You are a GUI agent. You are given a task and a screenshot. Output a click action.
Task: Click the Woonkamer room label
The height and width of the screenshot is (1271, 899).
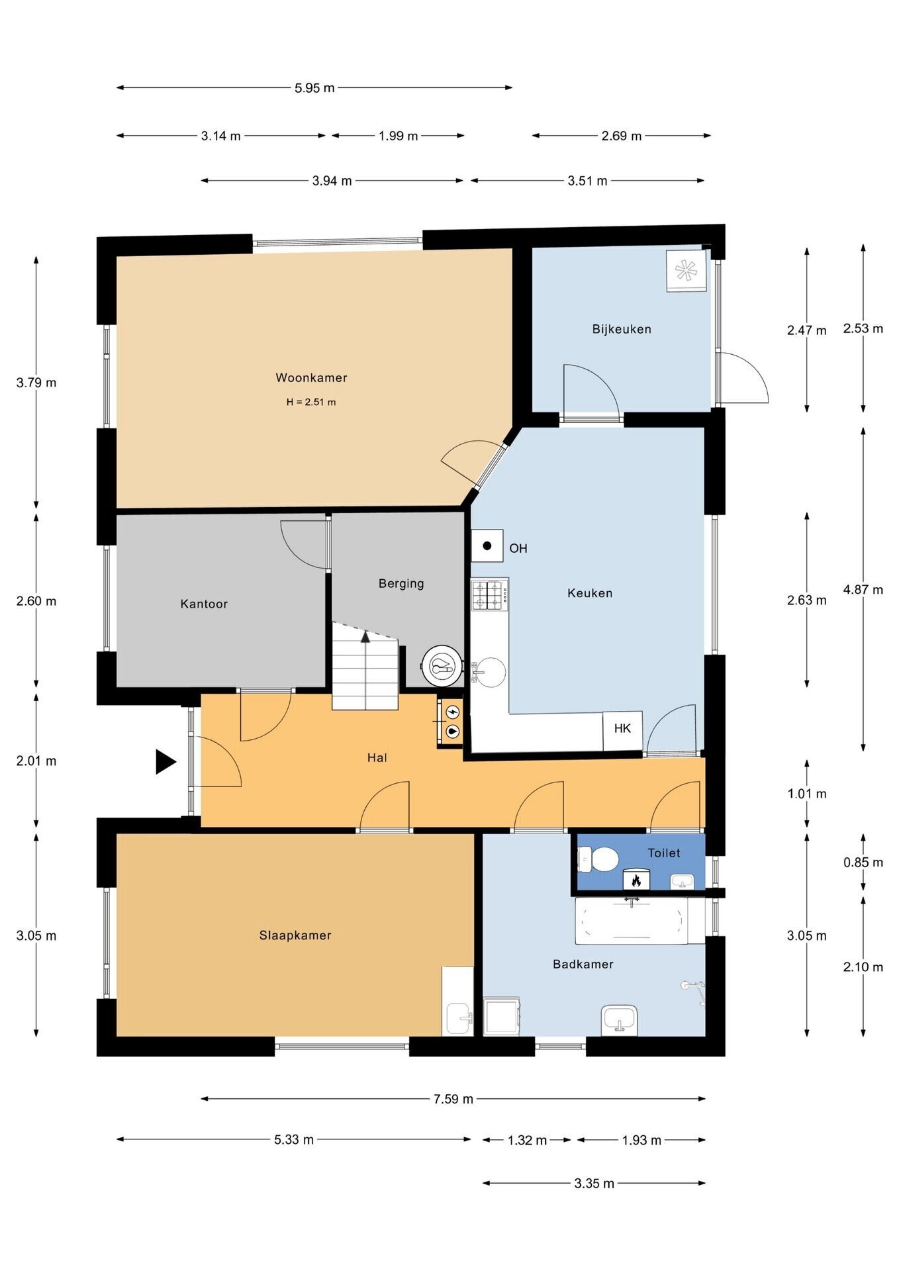311,378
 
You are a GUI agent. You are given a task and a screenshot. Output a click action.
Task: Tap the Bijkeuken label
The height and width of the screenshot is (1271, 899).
622,329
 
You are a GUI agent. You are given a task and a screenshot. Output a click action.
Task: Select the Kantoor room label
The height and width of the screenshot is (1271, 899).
204,604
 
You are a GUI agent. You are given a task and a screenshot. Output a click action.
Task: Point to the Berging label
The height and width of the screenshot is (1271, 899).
401,583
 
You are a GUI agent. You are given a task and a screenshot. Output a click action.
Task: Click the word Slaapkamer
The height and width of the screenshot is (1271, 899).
295,935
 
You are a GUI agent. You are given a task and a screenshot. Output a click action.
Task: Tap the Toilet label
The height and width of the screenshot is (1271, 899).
664,853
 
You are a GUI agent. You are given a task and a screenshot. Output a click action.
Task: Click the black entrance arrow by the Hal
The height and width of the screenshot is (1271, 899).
166,761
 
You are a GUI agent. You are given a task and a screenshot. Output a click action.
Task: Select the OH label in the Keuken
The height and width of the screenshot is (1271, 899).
518,548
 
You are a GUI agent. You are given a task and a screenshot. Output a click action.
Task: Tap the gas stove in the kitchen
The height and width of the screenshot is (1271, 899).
490,594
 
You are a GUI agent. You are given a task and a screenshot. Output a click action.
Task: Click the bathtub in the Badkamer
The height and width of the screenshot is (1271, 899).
631,921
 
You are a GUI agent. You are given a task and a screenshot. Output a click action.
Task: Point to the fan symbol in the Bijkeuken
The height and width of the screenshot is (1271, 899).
686,270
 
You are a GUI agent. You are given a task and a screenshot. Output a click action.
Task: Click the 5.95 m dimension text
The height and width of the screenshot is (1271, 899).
314,87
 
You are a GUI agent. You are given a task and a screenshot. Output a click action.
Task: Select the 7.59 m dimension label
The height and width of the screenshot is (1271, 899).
453,1099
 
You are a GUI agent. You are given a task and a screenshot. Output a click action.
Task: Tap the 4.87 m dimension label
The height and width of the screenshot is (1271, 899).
863,590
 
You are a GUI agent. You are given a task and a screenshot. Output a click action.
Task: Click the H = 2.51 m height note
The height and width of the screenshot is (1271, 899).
311,402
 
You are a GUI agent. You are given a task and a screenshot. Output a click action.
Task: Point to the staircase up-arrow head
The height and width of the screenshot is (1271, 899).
365,637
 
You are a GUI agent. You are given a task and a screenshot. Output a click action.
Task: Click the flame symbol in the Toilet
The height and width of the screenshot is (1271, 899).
636,880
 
